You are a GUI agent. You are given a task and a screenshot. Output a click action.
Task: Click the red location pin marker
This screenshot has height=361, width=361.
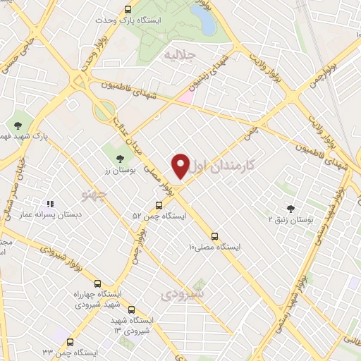pos(180,166)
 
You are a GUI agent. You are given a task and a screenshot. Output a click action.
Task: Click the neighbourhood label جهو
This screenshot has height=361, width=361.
pos(94,192)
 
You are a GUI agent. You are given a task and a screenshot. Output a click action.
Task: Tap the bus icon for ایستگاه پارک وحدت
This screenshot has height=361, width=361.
pos(128,10)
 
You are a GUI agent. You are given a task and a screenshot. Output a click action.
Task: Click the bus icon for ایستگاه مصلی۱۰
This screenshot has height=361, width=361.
pos(215,236)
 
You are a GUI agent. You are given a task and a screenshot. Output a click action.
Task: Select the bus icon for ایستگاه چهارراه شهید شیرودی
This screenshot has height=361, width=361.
pos(97,283)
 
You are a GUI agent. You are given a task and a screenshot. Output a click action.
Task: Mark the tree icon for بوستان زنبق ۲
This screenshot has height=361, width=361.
pos(290,208)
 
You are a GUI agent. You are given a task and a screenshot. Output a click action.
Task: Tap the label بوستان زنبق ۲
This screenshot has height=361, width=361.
pos(290,220)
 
